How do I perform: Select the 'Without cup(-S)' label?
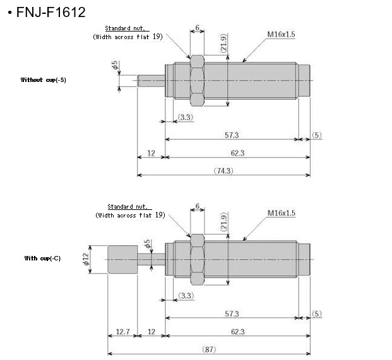(x=44, y=80)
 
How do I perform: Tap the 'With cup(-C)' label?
(x=42, y=258)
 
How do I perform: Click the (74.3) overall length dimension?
(x=223, y=170)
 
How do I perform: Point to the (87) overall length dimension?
(x=208, y=349)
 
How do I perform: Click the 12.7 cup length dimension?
(x=122, y=332)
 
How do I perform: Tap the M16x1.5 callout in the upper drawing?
(x=281, y=35)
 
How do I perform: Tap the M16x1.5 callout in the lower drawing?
(x=281, y=213)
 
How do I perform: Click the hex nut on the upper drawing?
(x=197, y=80)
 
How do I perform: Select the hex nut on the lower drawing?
(x=197, y=258)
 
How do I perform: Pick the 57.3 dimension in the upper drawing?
(x=232, y=135)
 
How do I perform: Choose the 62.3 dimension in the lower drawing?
(x=237, y=332)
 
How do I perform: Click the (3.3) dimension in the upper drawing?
(x=186, y=117)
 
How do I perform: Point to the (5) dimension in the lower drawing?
(x=316, y=313)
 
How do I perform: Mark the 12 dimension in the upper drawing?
(x=151, y=153)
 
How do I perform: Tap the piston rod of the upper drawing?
(x=151, y=80)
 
